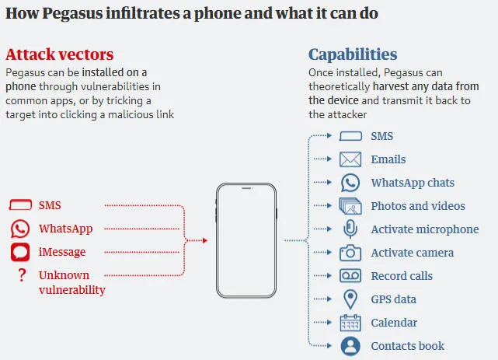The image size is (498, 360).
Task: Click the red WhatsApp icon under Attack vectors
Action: (x=20, y=229)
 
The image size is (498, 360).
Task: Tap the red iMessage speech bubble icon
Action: (x=20, y=252)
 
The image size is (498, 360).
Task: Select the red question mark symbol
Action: (x=22, y=275)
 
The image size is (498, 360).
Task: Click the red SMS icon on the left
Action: (x=20, y=205)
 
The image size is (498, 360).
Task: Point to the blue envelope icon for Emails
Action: (x=350, y=159)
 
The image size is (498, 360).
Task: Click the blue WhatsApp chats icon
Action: (x=350, y=183)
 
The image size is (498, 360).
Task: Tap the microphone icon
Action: (x=350, y=229)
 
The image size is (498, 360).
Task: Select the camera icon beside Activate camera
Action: (x=350, y=253)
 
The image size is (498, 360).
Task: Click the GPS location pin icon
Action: (x=350, y=299)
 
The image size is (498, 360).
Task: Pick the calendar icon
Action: (x=350, y=323)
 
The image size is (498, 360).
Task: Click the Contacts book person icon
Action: (x=350, y=346)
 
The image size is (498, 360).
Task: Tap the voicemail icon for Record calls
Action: (x=350, y=276)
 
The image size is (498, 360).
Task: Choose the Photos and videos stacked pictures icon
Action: (x=350, y=206)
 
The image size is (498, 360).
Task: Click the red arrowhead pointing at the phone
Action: (x=205, y=240)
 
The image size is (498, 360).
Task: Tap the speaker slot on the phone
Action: (x=246, y=188)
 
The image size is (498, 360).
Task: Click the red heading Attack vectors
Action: (x=59, y=54)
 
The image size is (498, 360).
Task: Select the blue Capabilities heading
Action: (x=353, y=54)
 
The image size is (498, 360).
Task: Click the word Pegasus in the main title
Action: (x=72, y=13)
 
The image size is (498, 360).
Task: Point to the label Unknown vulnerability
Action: (x=71, y=282)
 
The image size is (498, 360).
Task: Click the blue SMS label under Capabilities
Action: (x=381, y=136)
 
